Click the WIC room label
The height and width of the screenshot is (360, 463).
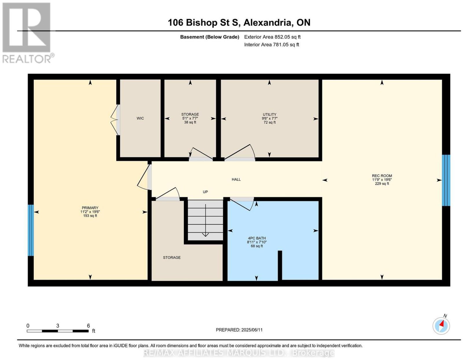[x=140, y=118]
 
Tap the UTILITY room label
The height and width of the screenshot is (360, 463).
[x=269, y=114]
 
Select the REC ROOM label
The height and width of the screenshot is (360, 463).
[x=382, y=176]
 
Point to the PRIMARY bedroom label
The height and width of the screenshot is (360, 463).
[x=90, y=208]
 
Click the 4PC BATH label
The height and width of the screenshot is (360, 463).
[x=257, y=238]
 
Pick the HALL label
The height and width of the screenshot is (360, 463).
[x=236, y=180]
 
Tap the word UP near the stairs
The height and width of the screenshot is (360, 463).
[x=205, y=192]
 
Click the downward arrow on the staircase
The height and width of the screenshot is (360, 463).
[x=205, y=220]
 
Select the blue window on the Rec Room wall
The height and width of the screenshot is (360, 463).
[x=446, y=180]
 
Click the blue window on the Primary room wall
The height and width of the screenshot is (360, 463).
[x=31, y=230]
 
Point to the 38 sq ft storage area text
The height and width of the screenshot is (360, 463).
[x=190, y=122]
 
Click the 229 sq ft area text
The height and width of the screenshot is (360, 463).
[x=382, y=184]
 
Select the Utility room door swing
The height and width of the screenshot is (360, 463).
[x=240, y=152]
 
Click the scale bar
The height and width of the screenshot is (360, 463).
[x=58, y=331]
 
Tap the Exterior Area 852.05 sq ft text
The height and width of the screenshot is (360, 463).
[x=272, y=37]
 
